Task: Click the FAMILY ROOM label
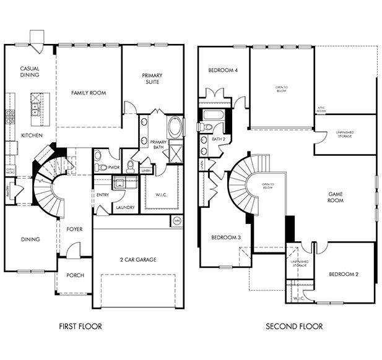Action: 88,93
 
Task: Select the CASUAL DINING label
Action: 30,72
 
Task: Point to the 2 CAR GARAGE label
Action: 138,259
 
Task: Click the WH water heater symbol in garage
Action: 176,221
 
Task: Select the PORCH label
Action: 75,276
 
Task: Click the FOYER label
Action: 75,229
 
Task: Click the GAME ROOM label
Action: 335,197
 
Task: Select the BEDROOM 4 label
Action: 223,70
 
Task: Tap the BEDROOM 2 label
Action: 344,274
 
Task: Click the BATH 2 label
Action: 218,139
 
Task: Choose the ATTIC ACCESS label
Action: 321,109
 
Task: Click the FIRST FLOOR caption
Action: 80,326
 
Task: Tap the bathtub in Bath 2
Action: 212,114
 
